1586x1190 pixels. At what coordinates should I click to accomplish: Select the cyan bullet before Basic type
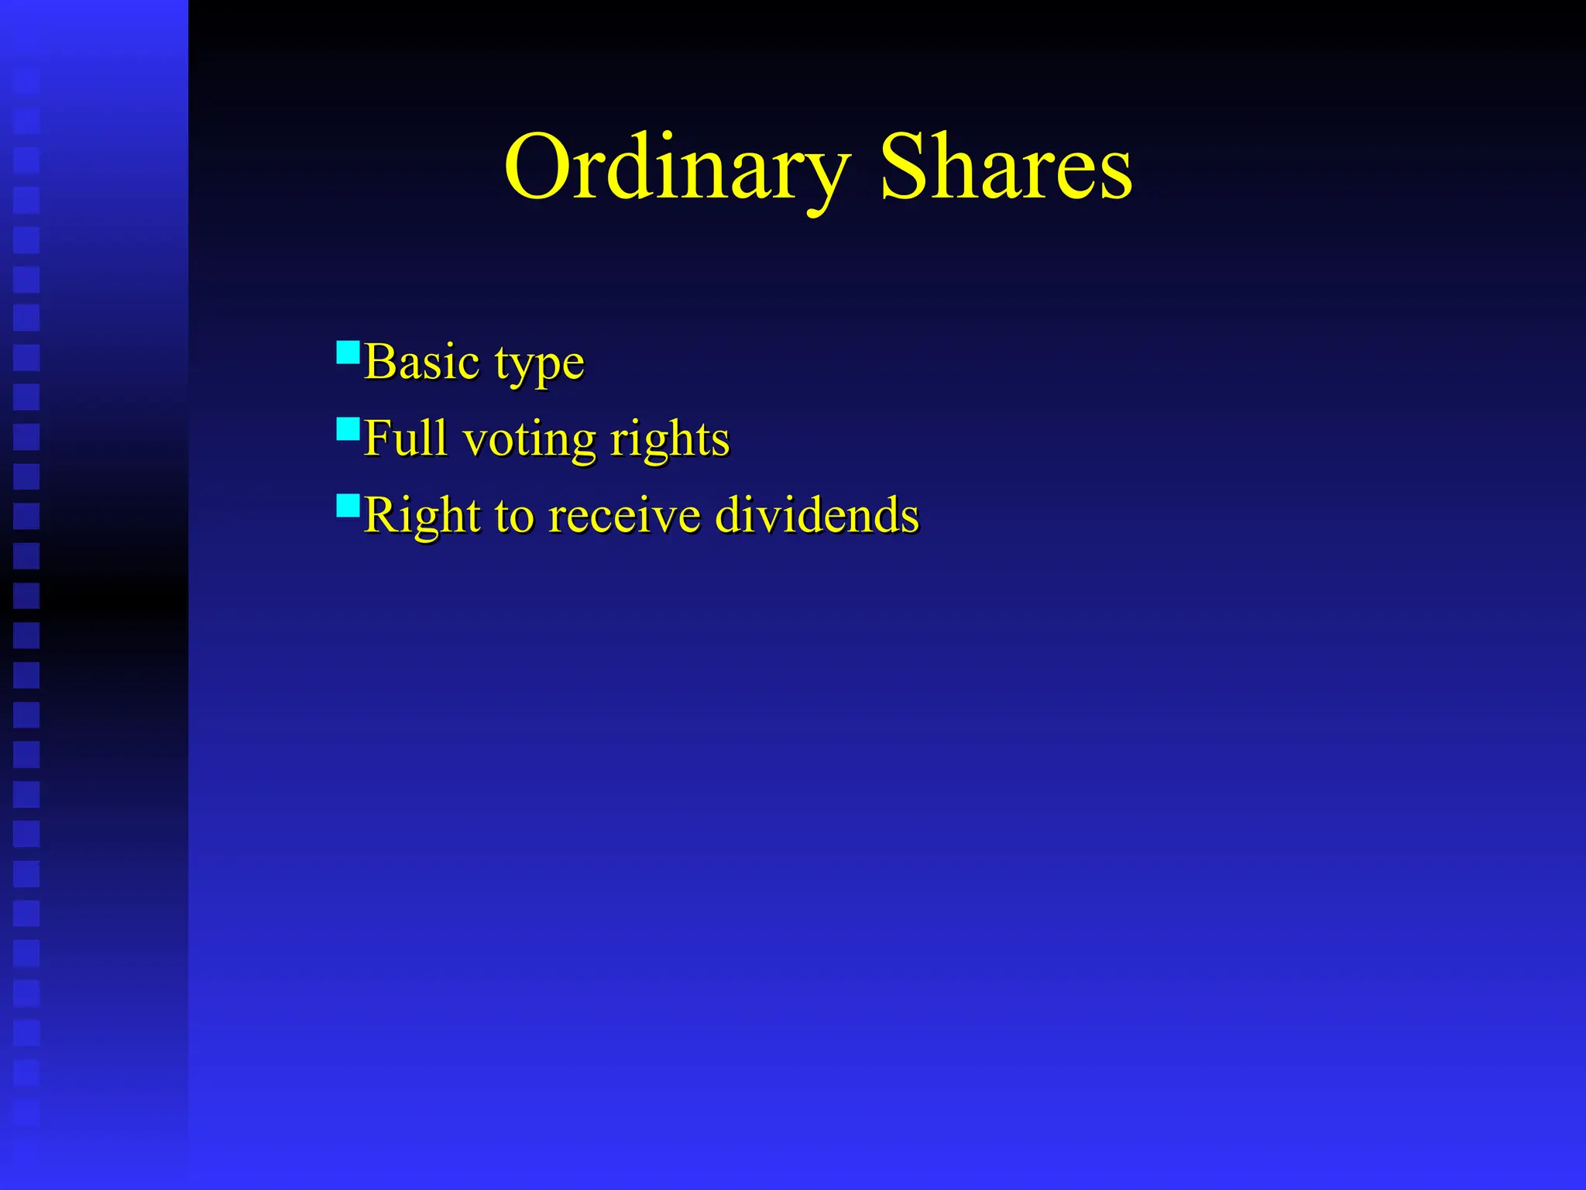pyautogui.click(x=348, y=353)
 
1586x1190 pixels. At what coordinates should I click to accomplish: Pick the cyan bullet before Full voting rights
pyautogui.click(x=348, y=429)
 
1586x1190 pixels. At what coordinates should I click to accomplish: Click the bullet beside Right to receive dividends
pyautogui.click(x=348, y=506)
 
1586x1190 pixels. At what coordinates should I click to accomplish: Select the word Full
pyautogui.click(x=405, y=439)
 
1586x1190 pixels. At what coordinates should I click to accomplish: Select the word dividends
pyautogui.click(x=816, y=515)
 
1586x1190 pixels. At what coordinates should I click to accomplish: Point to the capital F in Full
pyautogui.click(x=376, y=439)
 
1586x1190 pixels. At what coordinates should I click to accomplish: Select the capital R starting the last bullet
pyautogui.click(x=380, y=515)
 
